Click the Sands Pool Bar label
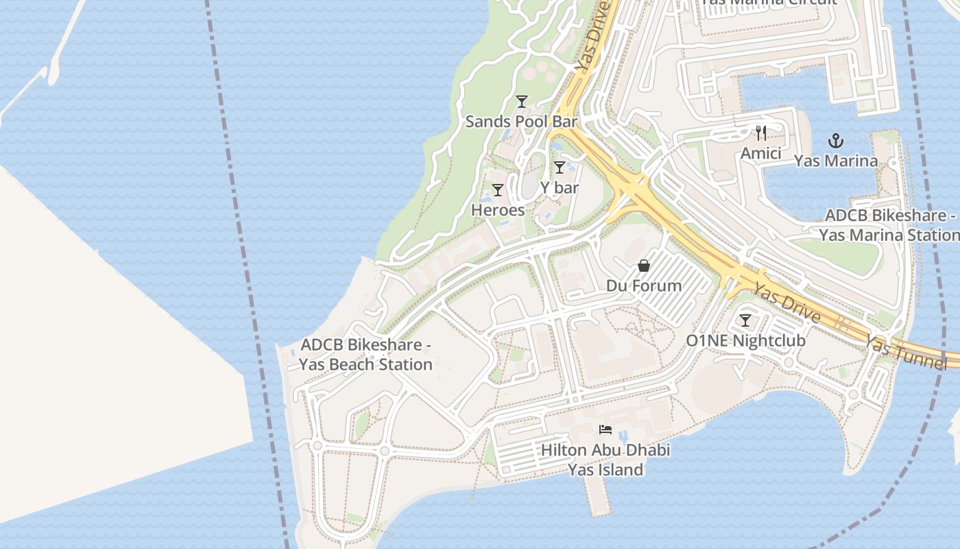[521, 121]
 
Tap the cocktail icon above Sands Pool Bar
[522, 102]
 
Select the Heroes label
[498, 210]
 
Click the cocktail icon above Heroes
[498, 190]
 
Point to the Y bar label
[560, 187]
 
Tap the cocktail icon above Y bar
[560, 167]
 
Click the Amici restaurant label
[760, 153]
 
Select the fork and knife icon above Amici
[761, 132]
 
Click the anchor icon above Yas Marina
[835, 141]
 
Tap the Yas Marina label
[835, 161]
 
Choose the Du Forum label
[644, 285]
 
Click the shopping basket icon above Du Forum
[644, 266]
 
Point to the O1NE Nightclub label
[745, 340]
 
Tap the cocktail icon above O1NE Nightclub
[745, 320]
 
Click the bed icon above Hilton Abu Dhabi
[605, 430]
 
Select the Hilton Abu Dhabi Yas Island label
[605, 460]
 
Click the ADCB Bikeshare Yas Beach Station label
[366, 354]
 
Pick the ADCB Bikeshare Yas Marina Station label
[889, 225]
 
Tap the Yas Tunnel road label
[905, 352]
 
